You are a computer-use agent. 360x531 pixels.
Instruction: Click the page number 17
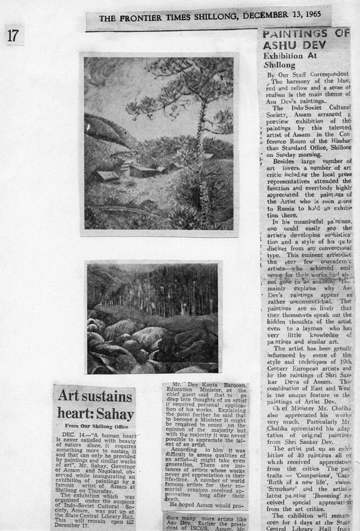tap(13, 35)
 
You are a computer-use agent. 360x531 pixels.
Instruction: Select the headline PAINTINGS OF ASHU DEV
tap(305, 39)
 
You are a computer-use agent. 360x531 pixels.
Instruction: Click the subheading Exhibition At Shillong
tap(288, 60)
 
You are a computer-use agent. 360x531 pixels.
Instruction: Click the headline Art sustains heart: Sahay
tap(95, 405)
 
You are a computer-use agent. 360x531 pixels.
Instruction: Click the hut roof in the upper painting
tap(107, 175)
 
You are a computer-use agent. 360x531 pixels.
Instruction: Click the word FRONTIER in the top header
tap(135, 19)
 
